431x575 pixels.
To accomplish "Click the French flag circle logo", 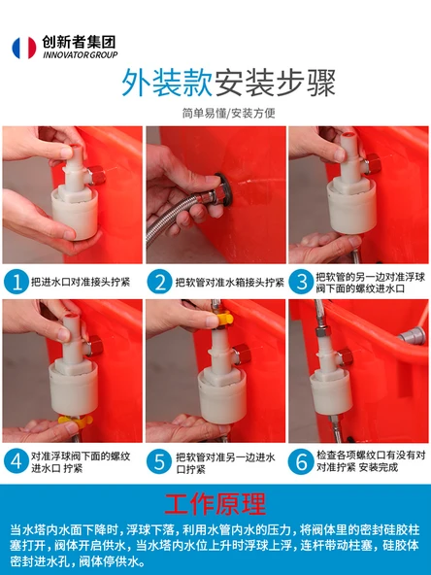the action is coord(24,48).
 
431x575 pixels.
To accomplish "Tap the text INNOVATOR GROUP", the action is coord(81,55).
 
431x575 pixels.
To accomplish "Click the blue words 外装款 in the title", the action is coord(167,84).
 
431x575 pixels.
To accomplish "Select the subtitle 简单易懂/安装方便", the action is coord(229,114).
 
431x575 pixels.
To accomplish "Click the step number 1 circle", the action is coord(17,282).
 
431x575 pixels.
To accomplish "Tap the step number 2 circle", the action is coord(159,282).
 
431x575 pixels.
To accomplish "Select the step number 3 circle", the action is coord(301,282).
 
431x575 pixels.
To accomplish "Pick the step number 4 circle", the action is coord(17,461).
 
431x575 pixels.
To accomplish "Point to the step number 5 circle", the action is coord(158,461).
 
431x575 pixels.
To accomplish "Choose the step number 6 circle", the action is coord(301,461).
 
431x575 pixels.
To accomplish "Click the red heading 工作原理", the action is coord(215,504).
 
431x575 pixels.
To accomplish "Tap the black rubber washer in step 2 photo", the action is coord(225,190).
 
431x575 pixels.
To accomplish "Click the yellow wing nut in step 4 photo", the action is coord(75,421).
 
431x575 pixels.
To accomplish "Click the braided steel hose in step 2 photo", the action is coord(172,216).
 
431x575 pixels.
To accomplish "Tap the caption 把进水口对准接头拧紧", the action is coord(81,282).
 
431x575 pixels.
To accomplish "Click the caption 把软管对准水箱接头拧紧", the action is coord(230,282).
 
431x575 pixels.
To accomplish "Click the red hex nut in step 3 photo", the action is coord(373,164).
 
